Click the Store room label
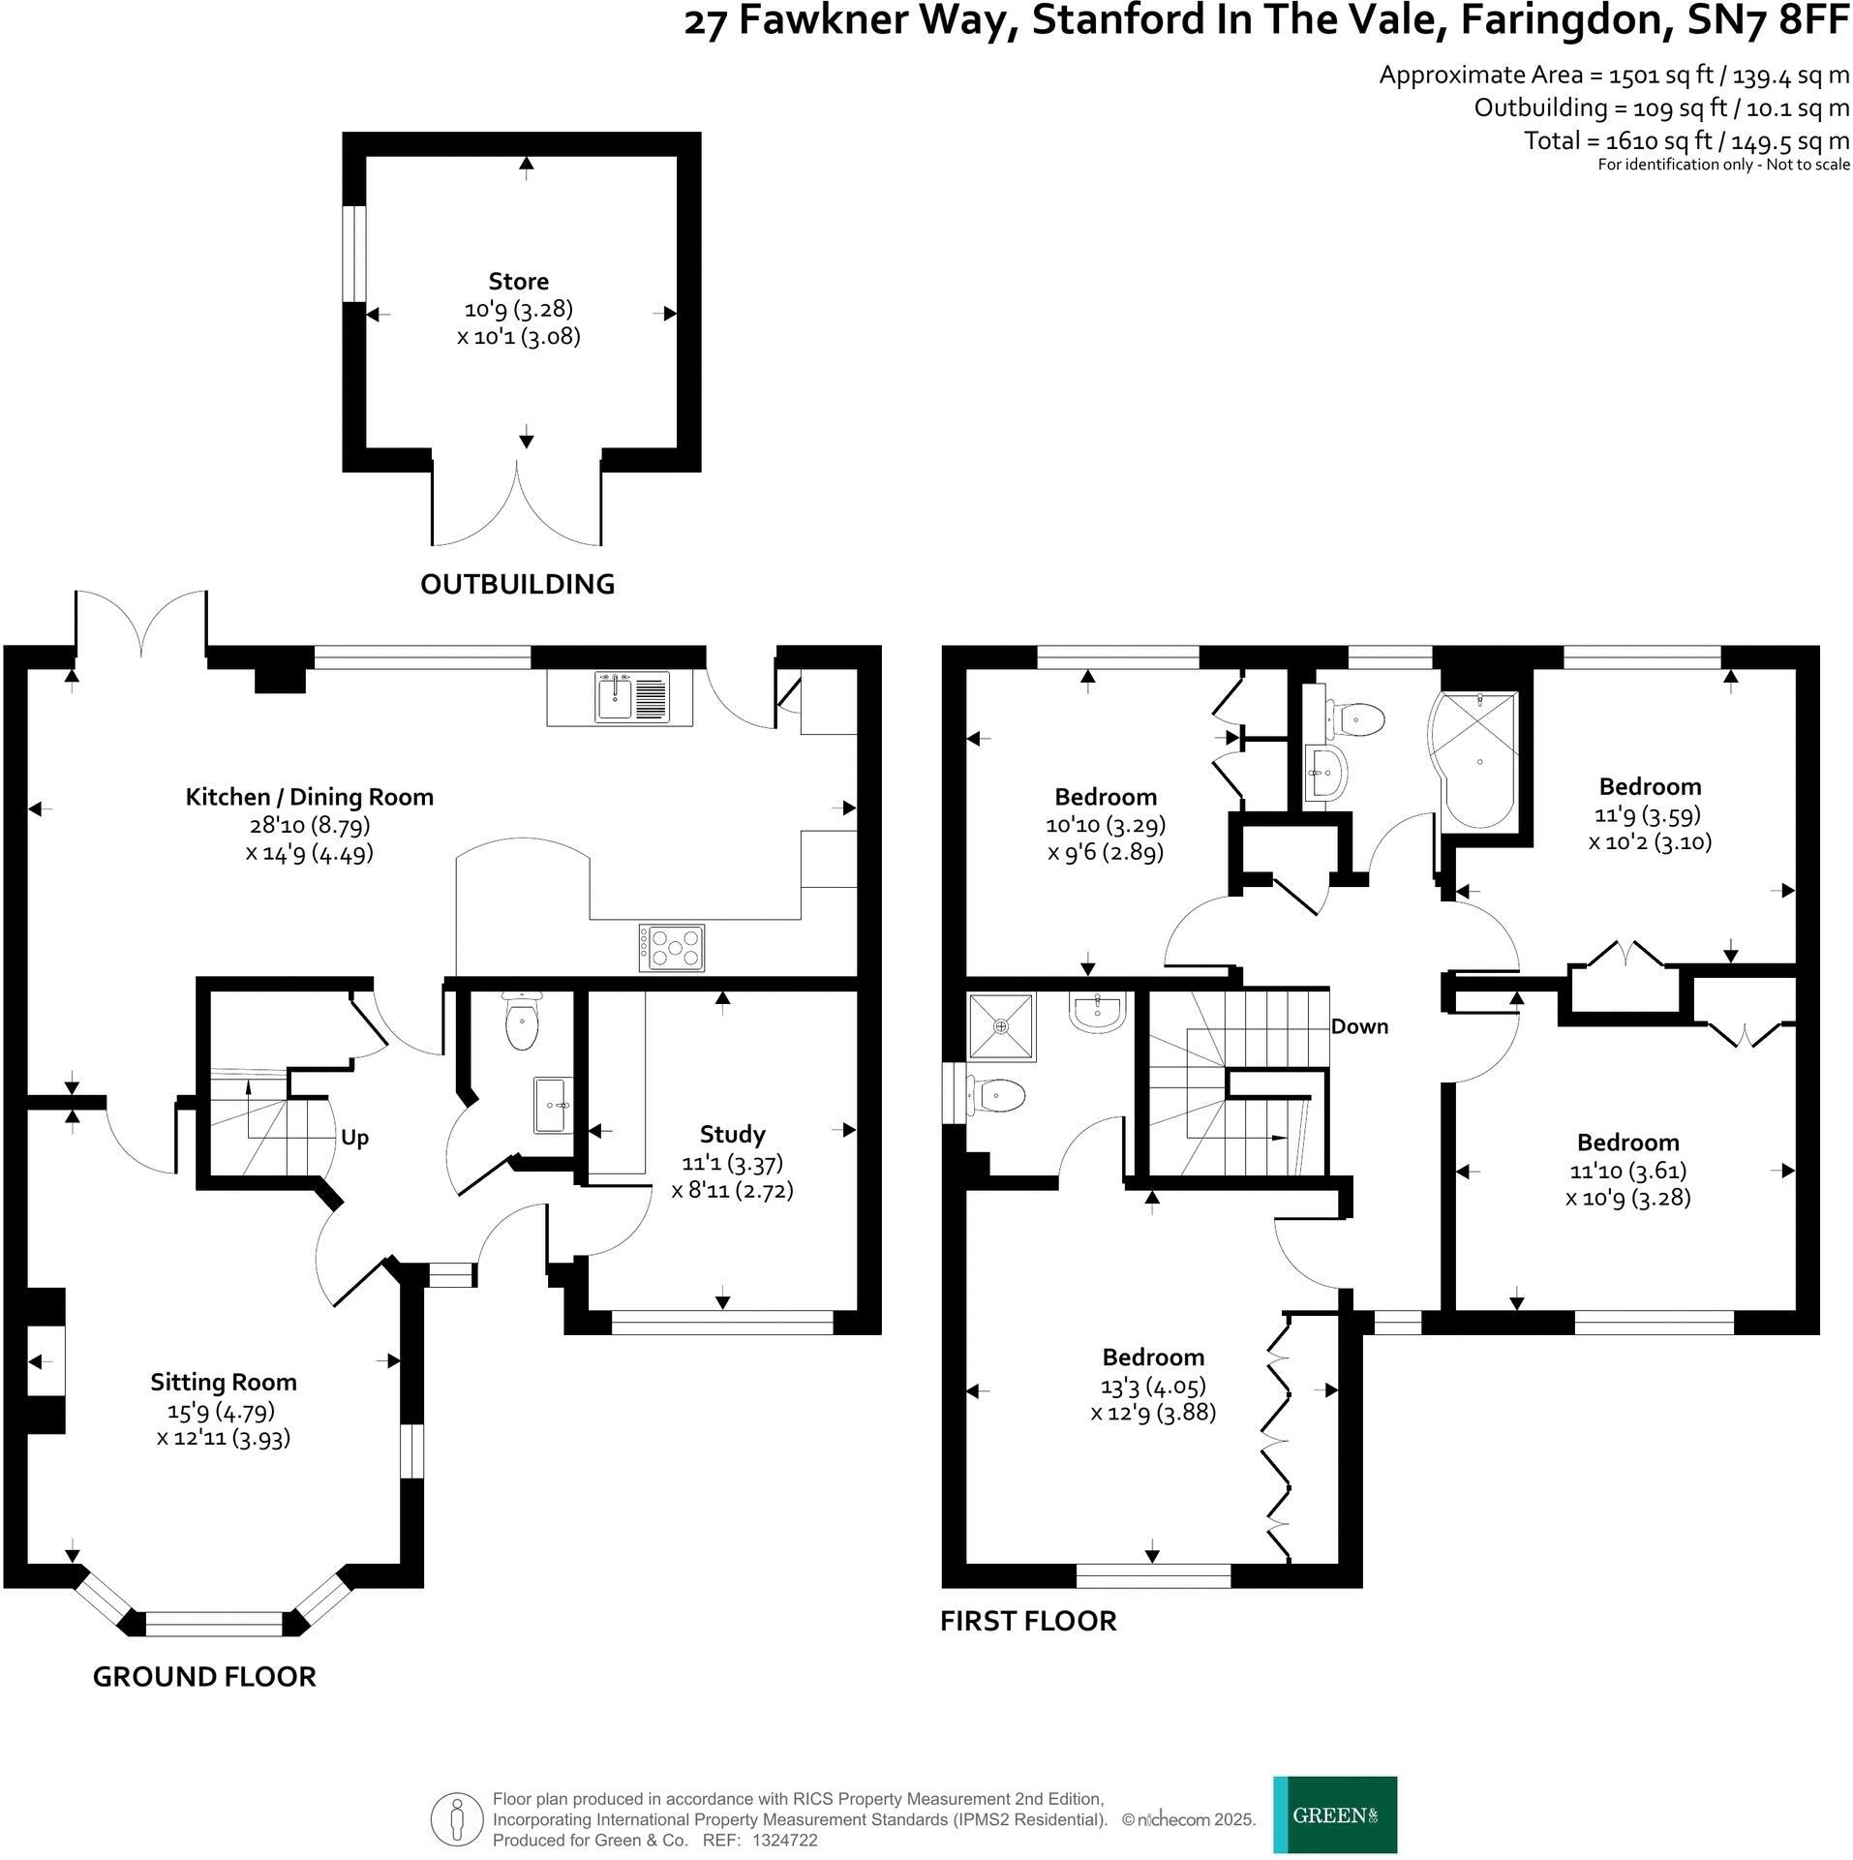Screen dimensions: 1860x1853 [x=518, y=282]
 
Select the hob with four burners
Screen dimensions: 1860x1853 [x=671, y=948]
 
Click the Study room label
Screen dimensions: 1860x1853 [x=732, y=1134]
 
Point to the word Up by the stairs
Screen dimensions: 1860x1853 [x=354, y=1138]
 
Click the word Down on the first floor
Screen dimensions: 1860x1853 [x=1359, y=1026]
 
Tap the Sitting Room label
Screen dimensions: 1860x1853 [x=223, y=1382]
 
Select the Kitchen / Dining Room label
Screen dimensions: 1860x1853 [x=309, y=797]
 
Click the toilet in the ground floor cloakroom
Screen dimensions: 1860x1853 [x=522, y=1025]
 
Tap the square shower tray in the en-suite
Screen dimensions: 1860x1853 [x=1001, y=1025]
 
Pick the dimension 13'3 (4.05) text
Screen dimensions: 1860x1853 [x=1153, y=1386]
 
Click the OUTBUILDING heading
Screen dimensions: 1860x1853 [x=517, y=584]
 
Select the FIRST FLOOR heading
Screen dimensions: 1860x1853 [x=1028, y=1621]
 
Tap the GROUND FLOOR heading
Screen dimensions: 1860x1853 [x=204, y=1677]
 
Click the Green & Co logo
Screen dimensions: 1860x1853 [x=1334, y=1814]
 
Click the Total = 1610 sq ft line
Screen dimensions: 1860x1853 [x=1686, y=141]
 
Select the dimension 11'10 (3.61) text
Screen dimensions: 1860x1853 [x=1627, y=1171]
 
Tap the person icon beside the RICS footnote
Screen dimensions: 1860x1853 [x=457, y=1819]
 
